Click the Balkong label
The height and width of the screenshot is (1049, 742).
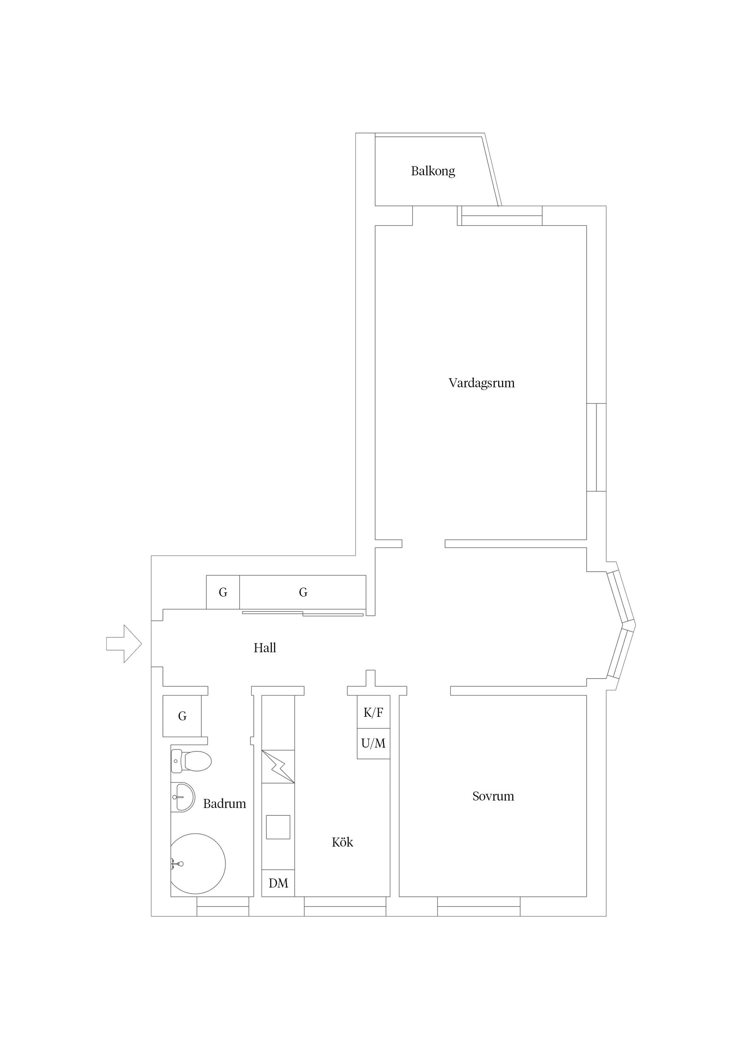tap(432, 171)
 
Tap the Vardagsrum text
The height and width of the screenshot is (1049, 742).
tap(482, 383)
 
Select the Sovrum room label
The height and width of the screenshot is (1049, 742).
tap(493, 796)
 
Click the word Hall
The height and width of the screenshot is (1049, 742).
tap(265, 648)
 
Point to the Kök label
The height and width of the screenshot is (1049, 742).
tap(342, 842)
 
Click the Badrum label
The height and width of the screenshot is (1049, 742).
tap(225, 804)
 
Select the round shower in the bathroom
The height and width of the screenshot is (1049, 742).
tap(197, 864)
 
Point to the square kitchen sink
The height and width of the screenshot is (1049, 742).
tap(278, 827)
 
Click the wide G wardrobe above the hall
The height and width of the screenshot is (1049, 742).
tap(303, 592)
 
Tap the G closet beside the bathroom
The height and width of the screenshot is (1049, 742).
tap(182, 716)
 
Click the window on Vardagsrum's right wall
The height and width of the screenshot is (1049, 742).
tap(596, 447)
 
